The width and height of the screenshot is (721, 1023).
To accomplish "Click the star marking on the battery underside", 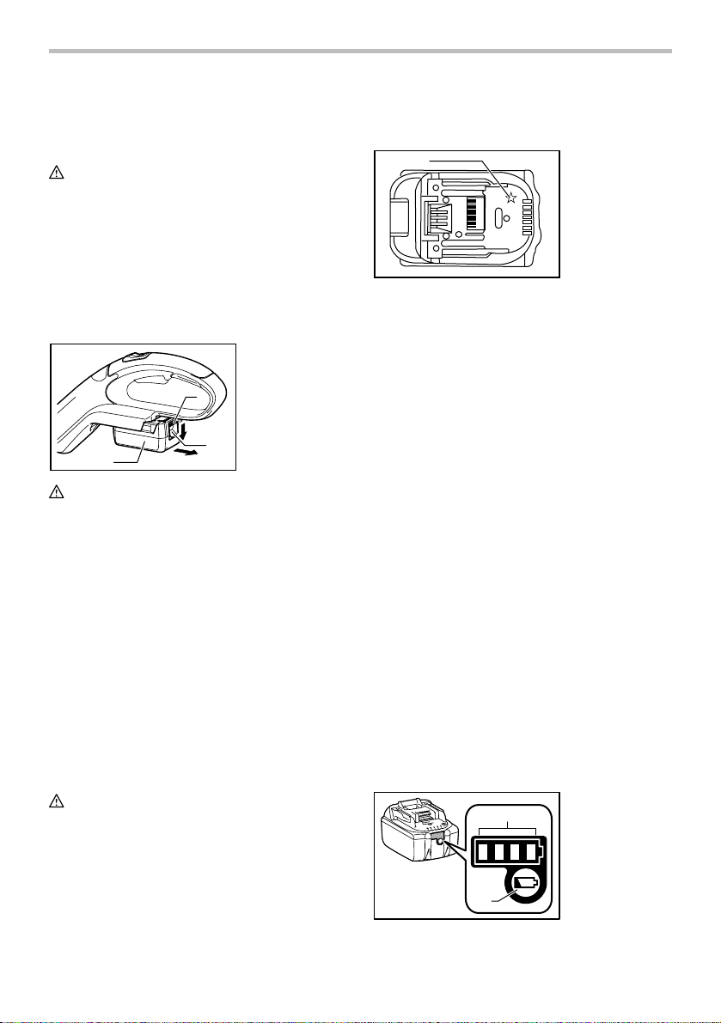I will (x=510, y=198).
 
